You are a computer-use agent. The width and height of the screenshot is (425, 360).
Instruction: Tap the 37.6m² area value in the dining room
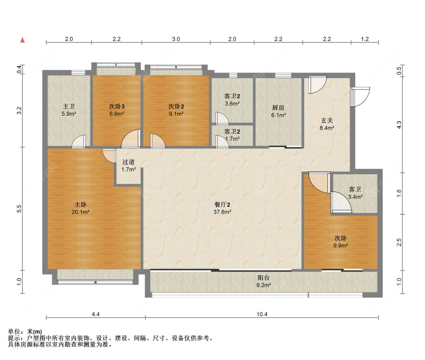click(x=222, y=212)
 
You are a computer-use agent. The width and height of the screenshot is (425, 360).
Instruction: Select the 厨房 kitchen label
click(x=278, y=107)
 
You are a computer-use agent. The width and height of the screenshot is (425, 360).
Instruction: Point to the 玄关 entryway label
click(x=327, y=121)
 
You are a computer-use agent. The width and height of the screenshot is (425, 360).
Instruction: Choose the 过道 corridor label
click(x=128, y=162)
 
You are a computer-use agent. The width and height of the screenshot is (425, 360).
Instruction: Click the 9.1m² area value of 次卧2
click(x=176, y=113)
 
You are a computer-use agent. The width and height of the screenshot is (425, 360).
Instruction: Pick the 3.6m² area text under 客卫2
click(x=232, y=104)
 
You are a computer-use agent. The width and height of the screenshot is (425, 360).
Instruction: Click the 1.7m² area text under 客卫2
click(x=232, y=139)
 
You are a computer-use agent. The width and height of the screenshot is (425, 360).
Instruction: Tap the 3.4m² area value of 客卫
click(x=355, y=197)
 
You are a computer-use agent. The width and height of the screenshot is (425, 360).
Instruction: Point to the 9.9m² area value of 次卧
click(x=340, y=245)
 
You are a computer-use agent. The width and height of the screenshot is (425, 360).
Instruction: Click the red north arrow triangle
click(x=23, y=40)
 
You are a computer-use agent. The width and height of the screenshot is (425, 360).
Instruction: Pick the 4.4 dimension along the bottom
click(x=96, y=314)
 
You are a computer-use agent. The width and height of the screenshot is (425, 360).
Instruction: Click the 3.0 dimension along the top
click(x=176, y=39)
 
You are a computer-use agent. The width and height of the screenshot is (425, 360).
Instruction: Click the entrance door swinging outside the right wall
click(x=360, y=97)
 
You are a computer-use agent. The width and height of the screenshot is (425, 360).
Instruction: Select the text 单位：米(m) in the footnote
click(x=25, y=332)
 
